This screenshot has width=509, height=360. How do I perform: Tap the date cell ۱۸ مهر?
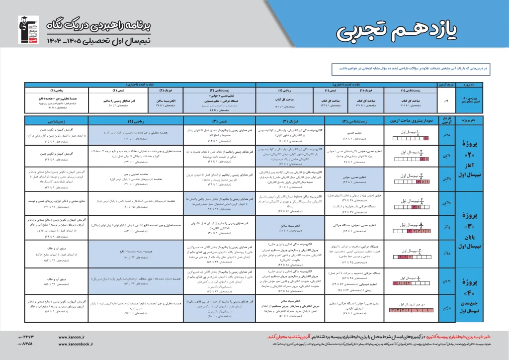(446, 135)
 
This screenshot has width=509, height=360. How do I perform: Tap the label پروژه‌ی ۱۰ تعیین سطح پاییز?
(470, 99)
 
